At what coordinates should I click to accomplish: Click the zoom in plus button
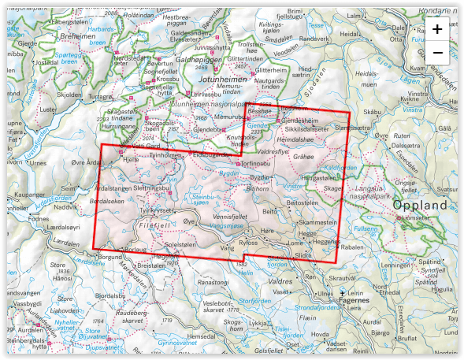(437, 29)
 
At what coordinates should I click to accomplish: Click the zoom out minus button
(437, 54)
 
